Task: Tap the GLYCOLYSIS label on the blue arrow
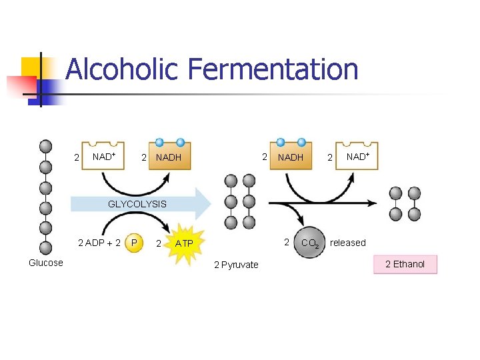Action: click(x=137, y=204)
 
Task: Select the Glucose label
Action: click(x=46, y=263)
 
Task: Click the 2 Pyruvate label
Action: click(x=236, y=265)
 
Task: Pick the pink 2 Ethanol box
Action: click(x=405, y=265)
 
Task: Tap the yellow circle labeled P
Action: click(x=135, y=243)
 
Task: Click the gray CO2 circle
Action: click(x=308, y=243)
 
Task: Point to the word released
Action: click(x=348, y=243)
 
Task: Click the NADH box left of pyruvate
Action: click(x=169, y=157)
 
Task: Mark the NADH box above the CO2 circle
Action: click(x=291, y=157)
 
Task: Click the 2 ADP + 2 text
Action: click(x=99, y=243)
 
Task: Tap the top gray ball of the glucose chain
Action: click(x=45, y=146)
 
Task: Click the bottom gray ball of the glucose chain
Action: click(x=45, y=248)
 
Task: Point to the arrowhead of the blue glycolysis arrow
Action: click(x=203, y=203)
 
